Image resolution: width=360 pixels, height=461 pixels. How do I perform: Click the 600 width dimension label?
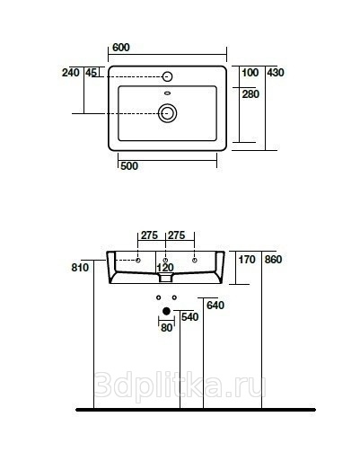pos(121,48)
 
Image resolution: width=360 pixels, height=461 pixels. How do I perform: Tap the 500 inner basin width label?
pos(129,166)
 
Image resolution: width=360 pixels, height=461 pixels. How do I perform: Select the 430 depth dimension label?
pos(276,73)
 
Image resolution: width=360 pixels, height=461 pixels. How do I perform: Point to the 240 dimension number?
pos(71,73)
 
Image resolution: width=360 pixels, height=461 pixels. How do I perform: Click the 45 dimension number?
pos(92,73)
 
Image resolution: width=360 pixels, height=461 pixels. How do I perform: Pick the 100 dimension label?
pos(250,73)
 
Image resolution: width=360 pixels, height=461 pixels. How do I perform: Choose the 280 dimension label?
pos(250,94)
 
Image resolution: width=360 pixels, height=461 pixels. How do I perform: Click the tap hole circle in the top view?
pos(167,76)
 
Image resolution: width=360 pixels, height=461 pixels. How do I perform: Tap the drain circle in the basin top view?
pos(167,113)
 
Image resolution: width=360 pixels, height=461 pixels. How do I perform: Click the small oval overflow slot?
pos(168,93)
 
